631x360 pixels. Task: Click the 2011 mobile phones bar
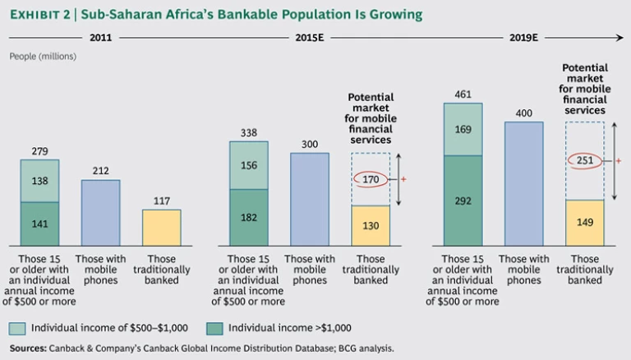(x=100, y=213)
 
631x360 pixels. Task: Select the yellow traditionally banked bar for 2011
(x=161, y=228)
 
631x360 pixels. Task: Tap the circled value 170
(x=371, y=178)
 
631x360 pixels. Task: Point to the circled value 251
(x=585, y=160)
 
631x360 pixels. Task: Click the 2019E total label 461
(x=463, y=95)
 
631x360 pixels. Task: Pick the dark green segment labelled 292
(x=463, y=200)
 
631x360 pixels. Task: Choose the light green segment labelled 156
(x=248, y=164)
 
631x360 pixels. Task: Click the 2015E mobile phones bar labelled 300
(x=310, y=199)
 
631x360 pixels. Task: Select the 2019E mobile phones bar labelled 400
(x=523, y=183)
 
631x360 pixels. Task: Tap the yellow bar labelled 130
(x=371, y=226)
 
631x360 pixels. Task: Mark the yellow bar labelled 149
(x=585, y=222)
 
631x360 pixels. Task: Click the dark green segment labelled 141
(x=39, y=223)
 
